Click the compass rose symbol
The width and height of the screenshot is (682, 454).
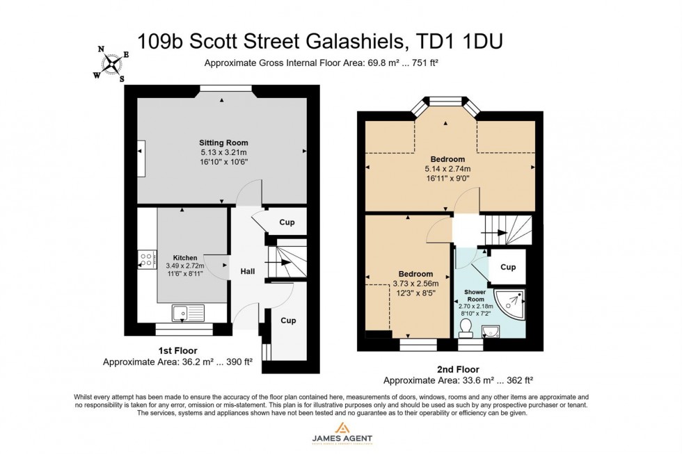pos(111,65)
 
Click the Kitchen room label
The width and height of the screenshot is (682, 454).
pos(185,257)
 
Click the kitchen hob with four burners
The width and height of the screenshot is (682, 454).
pos(148,259)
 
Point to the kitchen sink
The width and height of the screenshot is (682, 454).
pos(187,312)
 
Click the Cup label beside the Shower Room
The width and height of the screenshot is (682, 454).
pos(507,267)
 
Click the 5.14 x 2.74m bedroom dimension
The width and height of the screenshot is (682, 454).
pos(447,168)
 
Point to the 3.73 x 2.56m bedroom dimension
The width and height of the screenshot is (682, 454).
pos(415,283)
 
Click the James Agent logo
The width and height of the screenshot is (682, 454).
pos(341,432)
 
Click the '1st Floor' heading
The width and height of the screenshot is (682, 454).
pos(177,351)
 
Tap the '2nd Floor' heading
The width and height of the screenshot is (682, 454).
pos(458,369)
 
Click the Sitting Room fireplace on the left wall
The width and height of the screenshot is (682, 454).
pos(141,150)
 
